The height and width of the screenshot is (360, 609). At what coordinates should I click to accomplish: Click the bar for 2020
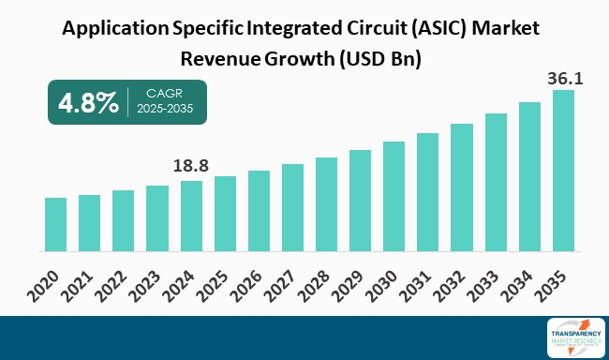(55, 225)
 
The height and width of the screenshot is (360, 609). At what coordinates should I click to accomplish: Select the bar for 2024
(191, 217)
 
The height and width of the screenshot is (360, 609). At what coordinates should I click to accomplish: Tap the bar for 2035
(563, 172)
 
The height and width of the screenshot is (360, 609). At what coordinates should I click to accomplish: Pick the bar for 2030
(394, 197)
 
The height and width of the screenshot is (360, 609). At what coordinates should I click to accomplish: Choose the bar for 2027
(292, 208)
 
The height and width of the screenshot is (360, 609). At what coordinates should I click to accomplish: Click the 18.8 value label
(191, 166)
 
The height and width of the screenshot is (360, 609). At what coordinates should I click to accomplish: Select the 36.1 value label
(565, 79)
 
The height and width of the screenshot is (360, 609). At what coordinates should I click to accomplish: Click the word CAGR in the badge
(165, 93)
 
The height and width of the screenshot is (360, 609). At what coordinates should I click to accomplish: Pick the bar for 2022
(123, 221)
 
